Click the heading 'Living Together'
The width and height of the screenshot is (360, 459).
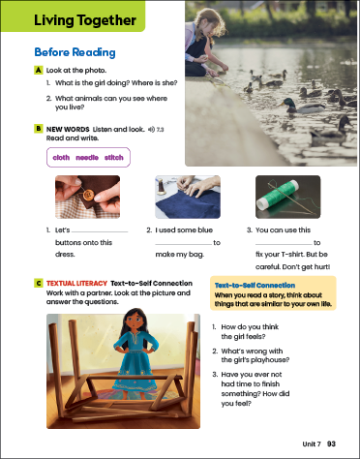tap(85, 20)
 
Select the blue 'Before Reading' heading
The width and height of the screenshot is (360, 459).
tap(75, 52)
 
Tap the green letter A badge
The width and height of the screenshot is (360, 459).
tap(39, 70)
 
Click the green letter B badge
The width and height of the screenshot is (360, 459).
tap(39, 129)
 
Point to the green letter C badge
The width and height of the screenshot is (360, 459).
tap(39, 283)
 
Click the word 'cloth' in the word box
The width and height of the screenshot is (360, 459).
tap(61, 158)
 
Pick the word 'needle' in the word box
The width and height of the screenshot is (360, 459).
tap(87, 158)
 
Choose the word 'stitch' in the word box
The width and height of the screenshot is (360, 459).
tap(114, 158)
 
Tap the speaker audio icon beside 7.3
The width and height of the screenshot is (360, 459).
tap(151, 130)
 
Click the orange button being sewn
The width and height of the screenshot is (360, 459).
tap(88, 195)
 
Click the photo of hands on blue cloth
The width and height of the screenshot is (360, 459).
tap(188, 197)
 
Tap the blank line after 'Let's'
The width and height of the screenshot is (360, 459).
tap(100, 231)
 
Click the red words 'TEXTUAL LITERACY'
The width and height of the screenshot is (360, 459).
tap(76, 284)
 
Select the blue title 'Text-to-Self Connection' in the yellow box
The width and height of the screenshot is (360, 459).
tap(255, 286)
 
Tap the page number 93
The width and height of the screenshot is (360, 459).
tap(331, 444)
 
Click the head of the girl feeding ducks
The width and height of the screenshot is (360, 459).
tap(210, 22)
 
